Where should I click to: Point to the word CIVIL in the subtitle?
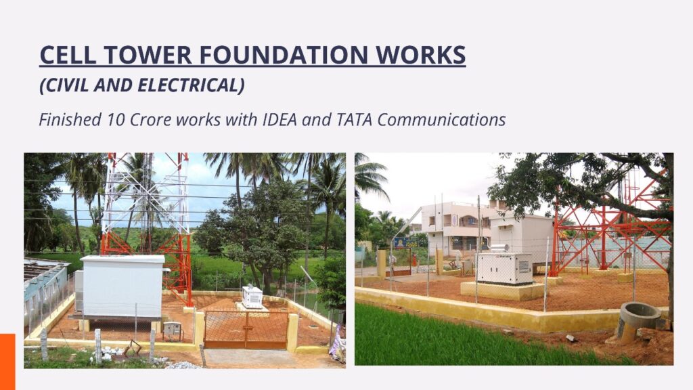pyautogui.click(x=64, y=85)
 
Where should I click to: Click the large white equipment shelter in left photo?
pyautogui.click(x=122, y=286)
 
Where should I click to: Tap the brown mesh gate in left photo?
pyautogui.click(x=245, y=329)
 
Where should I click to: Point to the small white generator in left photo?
pyautogui.click(x=252, y=297)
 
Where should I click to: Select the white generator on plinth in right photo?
pyautogui.click(x=504, y=268)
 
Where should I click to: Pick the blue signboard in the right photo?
pyautogui.click(x=406, y=242)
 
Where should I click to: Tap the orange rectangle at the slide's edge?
pyautogui.click(x=7, y=362)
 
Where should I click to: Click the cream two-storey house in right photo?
pyautogui.click(x=455, y=229)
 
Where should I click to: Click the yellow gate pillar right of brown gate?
pyautogui.click(x=292, y=332)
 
